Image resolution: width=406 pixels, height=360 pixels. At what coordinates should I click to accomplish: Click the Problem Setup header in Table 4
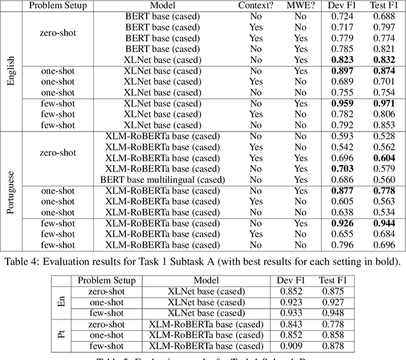point(58,6)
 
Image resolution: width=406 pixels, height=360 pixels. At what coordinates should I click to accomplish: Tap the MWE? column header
point(300,6)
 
